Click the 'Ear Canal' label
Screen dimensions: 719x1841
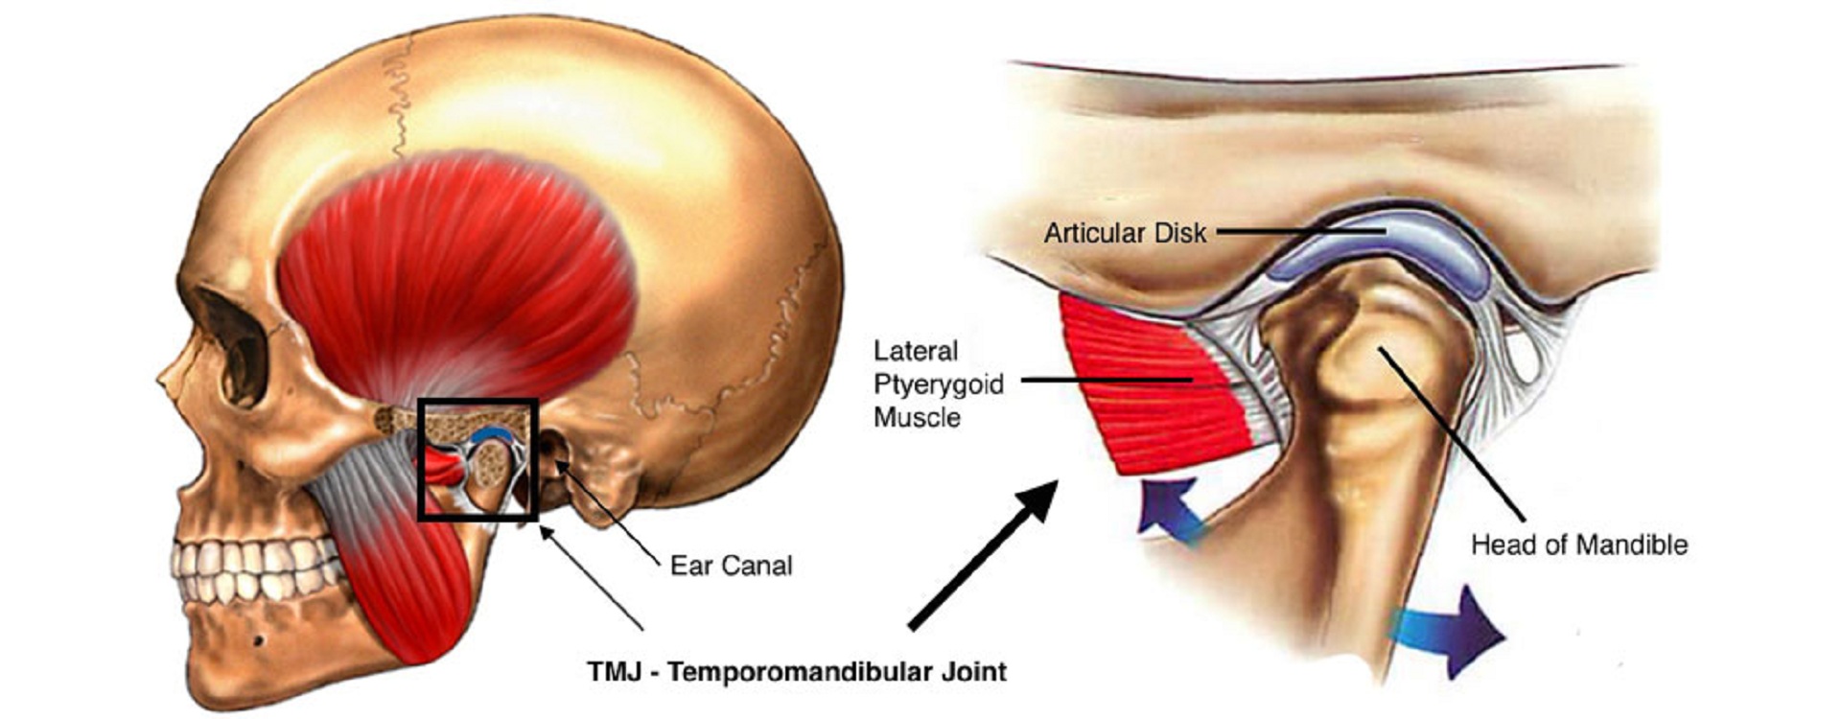click(731, 566)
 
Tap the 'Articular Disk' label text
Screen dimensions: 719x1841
click(1125, 233)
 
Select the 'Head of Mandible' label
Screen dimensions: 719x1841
click(1579, 545)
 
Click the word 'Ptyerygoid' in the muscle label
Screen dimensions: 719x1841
click(938, 384)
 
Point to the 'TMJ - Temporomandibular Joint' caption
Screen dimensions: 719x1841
click(797, 671)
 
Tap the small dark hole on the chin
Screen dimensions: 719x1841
click(258, 640)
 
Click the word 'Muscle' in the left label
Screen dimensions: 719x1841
click(917, 418)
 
